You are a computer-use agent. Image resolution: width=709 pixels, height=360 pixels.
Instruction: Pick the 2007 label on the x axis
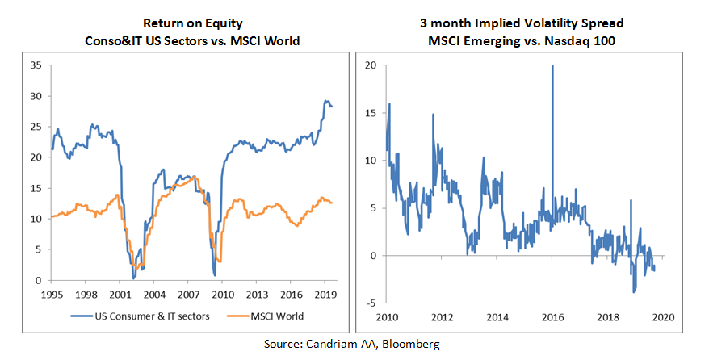(x=188, y=295)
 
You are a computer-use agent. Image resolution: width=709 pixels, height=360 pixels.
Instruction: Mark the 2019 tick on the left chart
(x=324, y=295)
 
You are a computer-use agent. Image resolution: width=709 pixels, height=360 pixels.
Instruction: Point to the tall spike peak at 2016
(x=552, y=66)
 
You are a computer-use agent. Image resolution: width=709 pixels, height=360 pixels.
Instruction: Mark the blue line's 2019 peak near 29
(x=326, y=101)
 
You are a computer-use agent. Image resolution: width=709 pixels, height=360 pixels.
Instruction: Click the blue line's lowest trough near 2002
(x=133, y=277)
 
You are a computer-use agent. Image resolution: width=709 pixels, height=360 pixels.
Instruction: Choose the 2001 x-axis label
(x=120, y=295)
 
